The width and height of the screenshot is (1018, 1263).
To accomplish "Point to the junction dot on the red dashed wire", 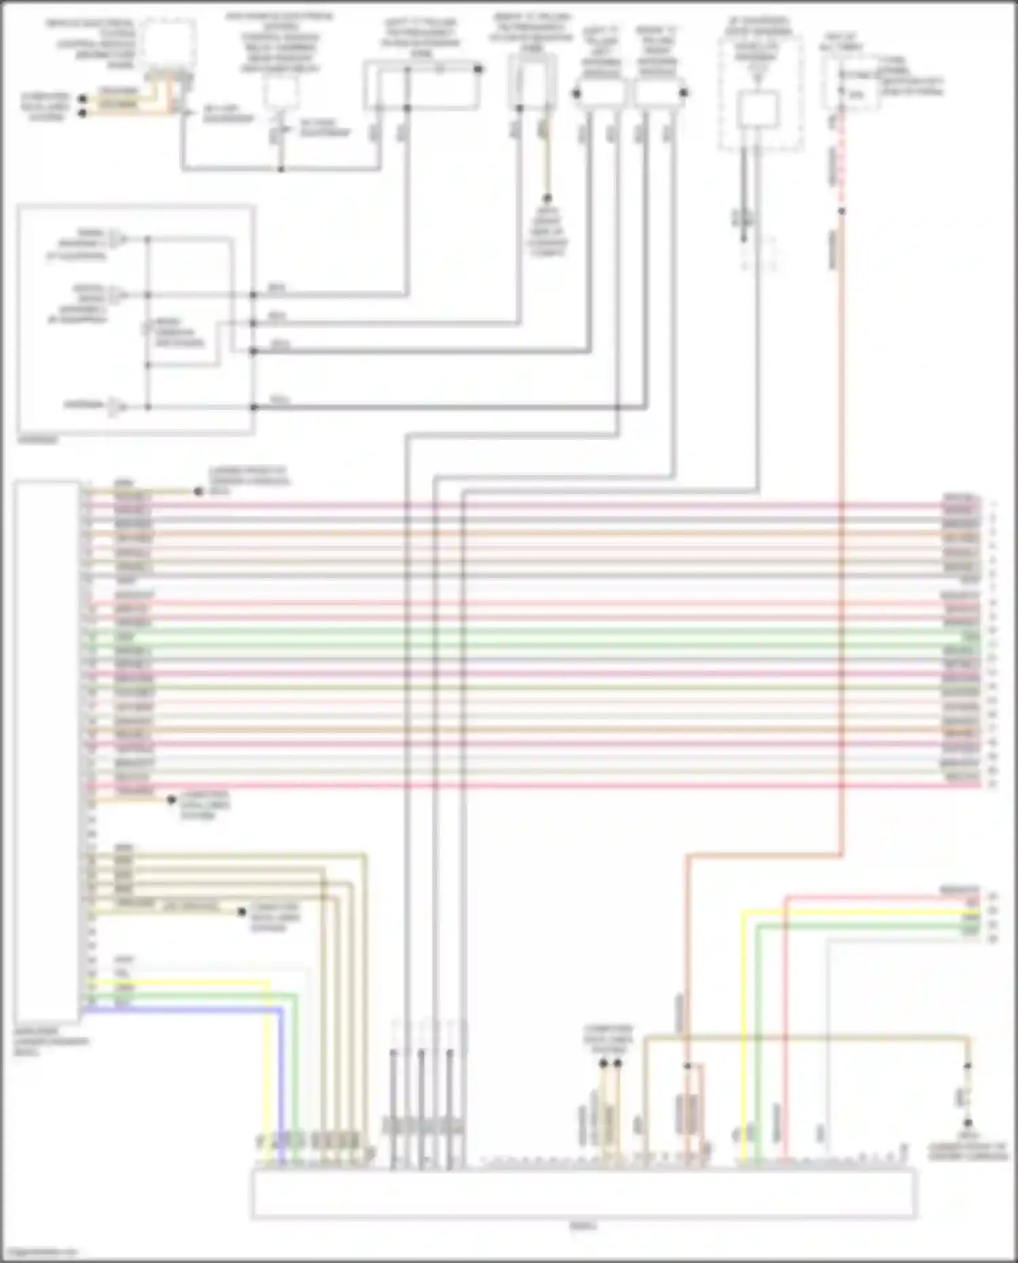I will pos(842,212).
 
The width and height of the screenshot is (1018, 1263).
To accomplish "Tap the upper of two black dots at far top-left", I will pos(83,98).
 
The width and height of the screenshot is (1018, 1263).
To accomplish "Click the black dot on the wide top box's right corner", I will pos(478,69).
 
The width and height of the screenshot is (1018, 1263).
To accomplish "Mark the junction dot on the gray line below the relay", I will pos(281,168).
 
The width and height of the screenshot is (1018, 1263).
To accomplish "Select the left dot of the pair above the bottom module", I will pos(603,1063).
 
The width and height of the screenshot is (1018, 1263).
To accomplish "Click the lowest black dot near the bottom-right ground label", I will pos(968,1123).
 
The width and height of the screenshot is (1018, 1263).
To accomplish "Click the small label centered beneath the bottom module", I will pos(583,1226).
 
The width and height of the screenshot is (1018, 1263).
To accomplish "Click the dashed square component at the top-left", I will pos(168,44).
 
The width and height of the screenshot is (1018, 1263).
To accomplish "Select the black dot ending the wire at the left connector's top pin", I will pos(198,491).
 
